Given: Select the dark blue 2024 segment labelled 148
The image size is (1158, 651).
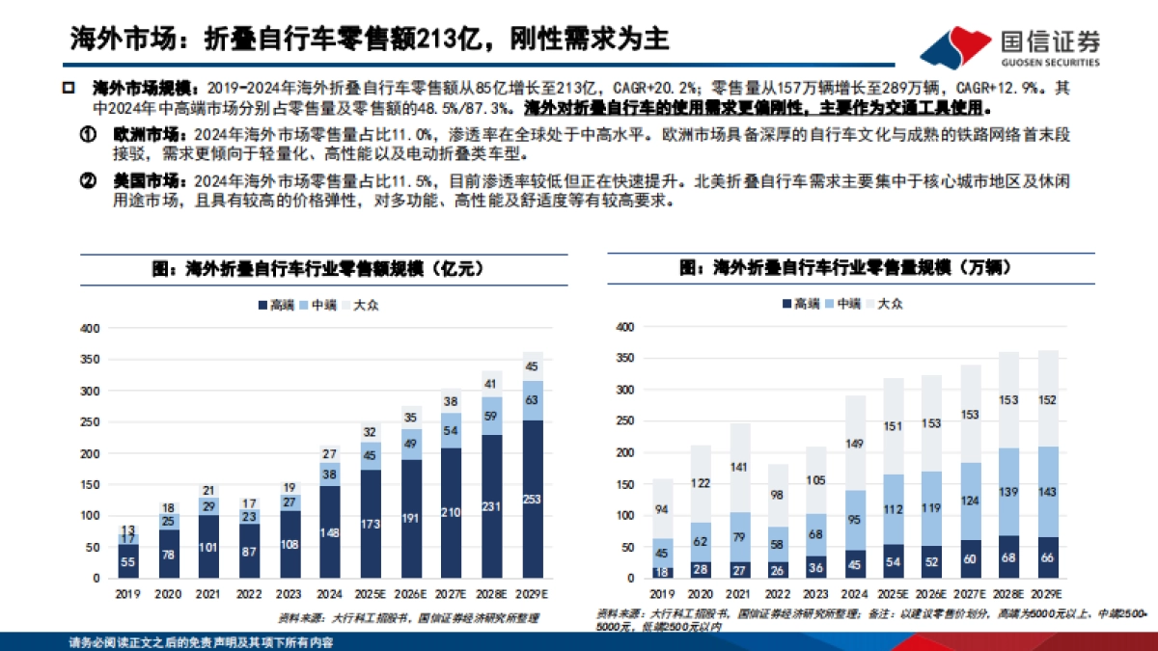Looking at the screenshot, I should coord(329,531).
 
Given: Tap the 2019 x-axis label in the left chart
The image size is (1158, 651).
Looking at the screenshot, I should coord(127,593).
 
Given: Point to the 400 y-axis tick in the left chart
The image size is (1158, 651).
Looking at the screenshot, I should coord(90,329).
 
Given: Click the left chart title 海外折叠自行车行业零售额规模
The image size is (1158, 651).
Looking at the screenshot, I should coord(317,269).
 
